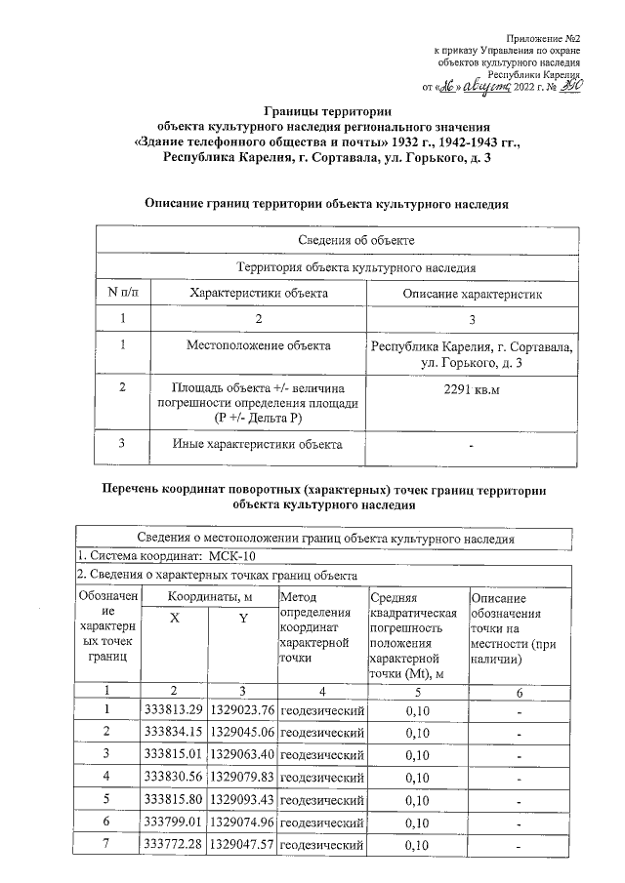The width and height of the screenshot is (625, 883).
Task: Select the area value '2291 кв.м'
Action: pos(471,389)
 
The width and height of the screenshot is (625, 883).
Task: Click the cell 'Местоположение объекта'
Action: pos(258,344)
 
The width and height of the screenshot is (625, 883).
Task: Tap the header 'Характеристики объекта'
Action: pos(258,293)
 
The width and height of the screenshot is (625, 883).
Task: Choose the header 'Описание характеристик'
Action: pos(471,293)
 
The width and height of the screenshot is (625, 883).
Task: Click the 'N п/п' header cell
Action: pos(123,293)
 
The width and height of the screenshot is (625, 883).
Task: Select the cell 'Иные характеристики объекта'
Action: pos(258,445)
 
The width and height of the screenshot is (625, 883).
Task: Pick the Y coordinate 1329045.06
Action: pos(242,732)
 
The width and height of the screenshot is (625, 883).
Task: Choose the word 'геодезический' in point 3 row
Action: pos(321,755)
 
